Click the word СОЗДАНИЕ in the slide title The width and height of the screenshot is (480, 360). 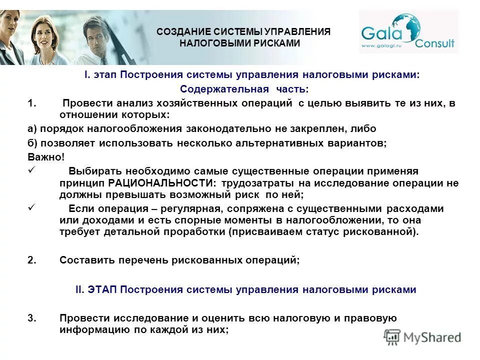tap(181, 32)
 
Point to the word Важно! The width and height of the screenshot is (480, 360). tap(46, 157)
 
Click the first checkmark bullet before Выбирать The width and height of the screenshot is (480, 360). tap(31, 170)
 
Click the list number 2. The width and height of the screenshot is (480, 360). tap(31, 260)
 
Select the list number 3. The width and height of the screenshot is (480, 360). tap(31, 318)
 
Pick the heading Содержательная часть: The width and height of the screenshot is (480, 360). tap(244, 89)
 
